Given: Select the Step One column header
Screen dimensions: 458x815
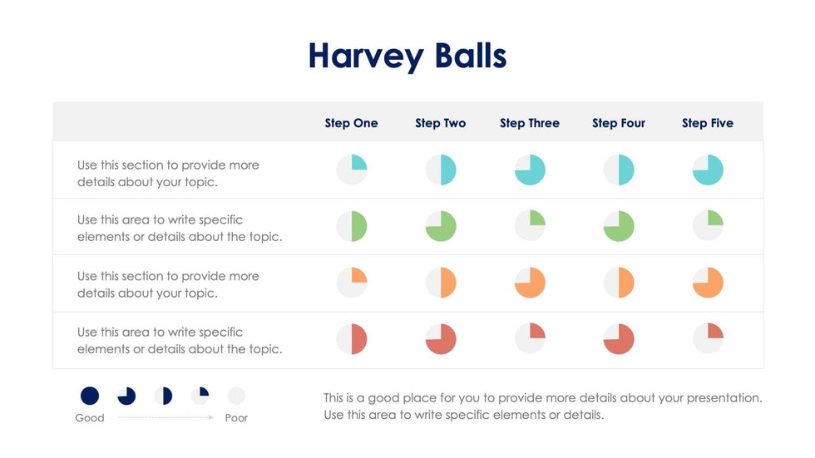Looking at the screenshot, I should point(351,123).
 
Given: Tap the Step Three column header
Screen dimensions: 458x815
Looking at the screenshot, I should point(530,123).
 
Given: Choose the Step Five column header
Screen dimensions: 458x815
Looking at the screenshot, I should point(708,123).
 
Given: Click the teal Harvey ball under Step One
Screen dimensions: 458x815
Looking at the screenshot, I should point(352,170).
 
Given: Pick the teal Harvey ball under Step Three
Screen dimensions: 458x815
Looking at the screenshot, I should point(530,170).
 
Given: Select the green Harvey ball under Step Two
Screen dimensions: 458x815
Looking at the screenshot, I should point(441,226).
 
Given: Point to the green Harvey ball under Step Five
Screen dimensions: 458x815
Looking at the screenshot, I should point(708,226).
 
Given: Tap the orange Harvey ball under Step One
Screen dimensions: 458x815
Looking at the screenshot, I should point(352,283).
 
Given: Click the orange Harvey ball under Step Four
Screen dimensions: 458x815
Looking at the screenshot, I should point(619,283).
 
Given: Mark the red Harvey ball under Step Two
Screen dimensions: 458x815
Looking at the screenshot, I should point(441,339).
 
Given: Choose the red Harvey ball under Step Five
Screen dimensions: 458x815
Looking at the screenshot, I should point(708,339).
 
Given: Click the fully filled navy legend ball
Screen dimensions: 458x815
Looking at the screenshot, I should point(90,396).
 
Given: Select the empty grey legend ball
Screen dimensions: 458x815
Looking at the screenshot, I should point(237,396).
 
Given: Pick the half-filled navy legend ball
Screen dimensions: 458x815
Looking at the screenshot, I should point(164,396).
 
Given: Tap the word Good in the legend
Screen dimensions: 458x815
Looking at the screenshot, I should point(90,418).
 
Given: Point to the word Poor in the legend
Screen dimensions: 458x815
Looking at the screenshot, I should point(237,418).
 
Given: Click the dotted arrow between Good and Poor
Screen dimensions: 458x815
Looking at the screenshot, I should point(165,418).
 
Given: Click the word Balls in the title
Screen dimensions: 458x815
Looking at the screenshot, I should point(470,56).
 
